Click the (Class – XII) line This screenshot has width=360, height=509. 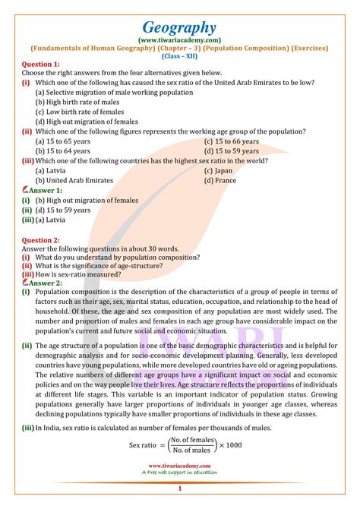tap(179, 55)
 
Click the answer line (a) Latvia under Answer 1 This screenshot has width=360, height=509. tap(44, 220)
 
